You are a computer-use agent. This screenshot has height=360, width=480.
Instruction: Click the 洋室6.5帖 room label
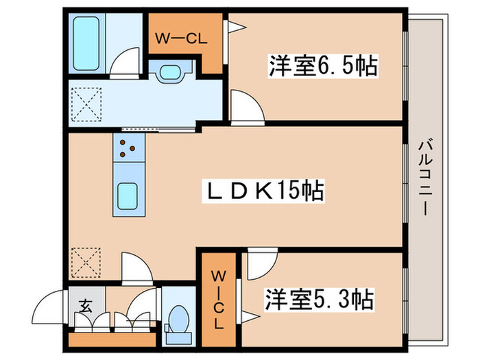coord(322,67)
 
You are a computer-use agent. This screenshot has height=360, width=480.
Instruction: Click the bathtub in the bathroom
coord(86,42)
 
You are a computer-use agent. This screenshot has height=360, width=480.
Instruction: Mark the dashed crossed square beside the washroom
coord(86,104)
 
